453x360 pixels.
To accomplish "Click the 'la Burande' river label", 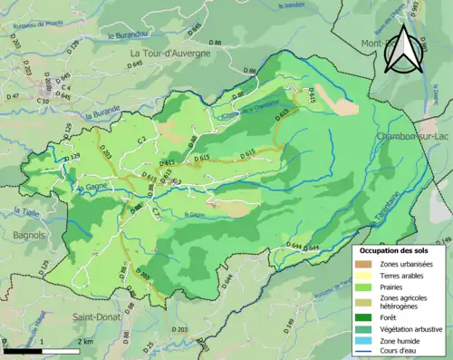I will [101, 117].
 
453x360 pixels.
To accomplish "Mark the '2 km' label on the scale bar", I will [83, 341].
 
